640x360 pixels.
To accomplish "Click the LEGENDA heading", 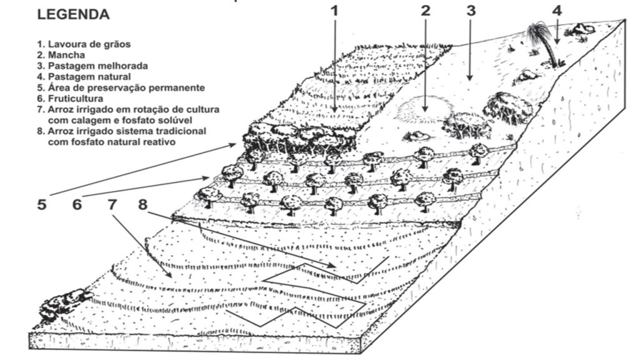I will pos(73,14).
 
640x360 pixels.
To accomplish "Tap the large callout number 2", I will pos(426,11).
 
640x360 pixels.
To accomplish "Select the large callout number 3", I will pos(471,11).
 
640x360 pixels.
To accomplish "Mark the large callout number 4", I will pos(557,11).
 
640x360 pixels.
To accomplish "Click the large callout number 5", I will pos(41,204).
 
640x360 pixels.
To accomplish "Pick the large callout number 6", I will pos(77,204).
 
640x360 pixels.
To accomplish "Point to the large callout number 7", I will pos(112,204).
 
